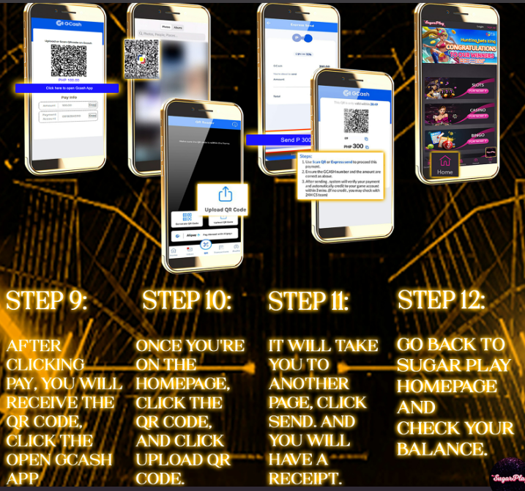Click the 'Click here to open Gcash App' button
[x=67, y=88]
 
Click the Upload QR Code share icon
[x=225, y=194]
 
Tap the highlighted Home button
[x=444, y=164]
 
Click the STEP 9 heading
[x=46, y=301]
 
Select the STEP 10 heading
[x=187, y=300]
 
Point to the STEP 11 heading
[x=308, y=301]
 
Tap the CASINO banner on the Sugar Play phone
[x=467, y=114]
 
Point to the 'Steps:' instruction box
[x=340, y=176]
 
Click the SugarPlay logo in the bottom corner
[x=507, y=477]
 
